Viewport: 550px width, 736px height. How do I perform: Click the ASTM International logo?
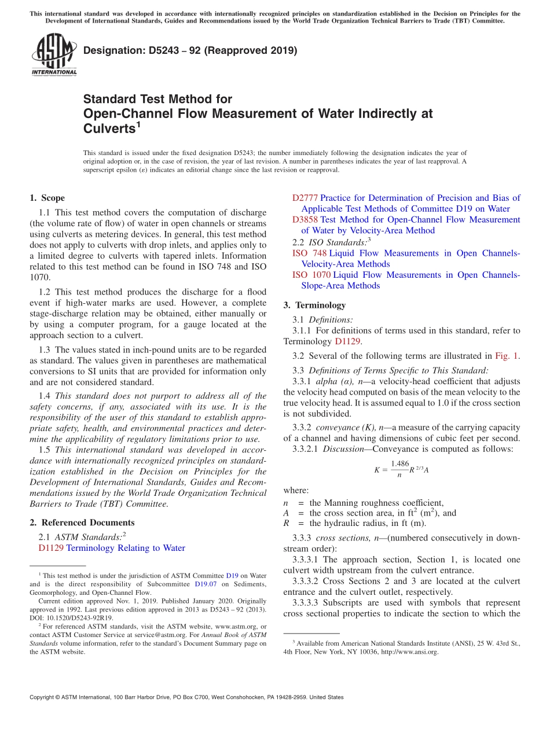pyautogui.click(x=53, y=55)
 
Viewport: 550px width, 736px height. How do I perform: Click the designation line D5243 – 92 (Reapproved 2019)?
pyautogui.click(x=190, y=51)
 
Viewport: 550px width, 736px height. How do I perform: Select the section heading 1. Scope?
pyautogui.click(x=47, y=198)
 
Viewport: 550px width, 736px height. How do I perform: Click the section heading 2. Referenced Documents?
pyautogui.click(x=79, y=522)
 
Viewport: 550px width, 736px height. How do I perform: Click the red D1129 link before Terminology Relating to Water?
pyautogui.click(x=51, y=548)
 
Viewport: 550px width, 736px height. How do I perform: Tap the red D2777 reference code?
pyautogui.click(x=305, y=198)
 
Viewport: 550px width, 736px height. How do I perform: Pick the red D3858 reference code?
pyautogui.click(x=305, y=220)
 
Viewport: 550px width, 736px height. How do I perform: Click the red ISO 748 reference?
pyautogui.click(x=310, y=253)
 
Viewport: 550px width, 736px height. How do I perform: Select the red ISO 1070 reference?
pyautogui.click(x=311, y=275)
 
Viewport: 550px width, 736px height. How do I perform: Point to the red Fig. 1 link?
pyautogui.click(x=507, y=356)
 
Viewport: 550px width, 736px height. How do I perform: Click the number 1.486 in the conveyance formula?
pyautogui.click(x=399, y=463)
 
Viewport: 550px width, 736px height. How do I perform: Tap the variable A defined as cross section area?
pyautogui.click(x=286, y=513)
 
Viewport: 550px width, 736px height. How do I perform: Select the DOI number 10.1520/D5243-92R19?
pyautogui.click(x=80, y=618)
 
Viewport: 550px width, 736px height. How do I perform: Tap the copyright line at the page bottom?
pyautogui.click(x=186, y=697)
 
